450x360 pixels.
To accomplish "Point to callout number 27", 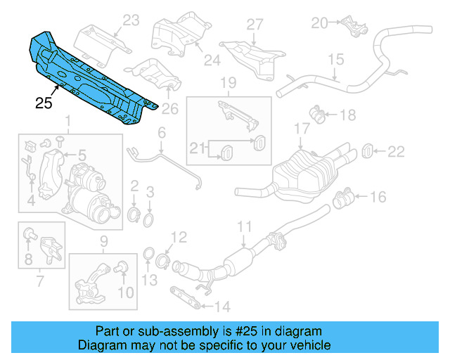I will pyautogui.click(x=254, y=25).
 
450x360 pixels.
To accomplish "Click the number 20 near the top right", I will pyautogui.click(x=320, y=23).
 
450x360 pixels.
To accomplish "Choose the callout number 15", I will pyautogui.click(x=335, y=59).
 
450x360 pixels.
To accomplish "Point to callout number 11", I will pyautogui.click(x=243, y=226).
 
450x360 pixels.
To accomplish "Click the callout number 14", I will pyautogui.click(x=221, y=307).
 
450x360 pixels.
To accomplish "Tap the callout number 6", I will pyautogui.click(x=161, y=132).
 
